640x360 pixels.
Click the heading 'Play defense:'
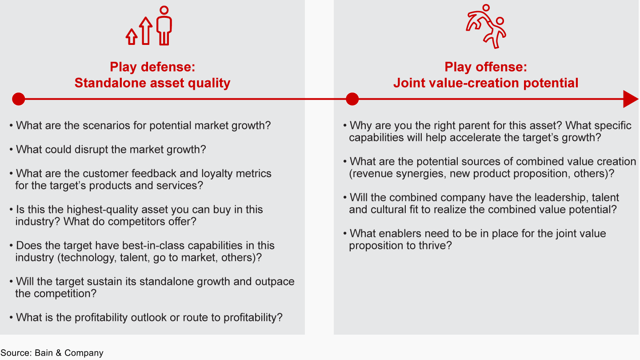click(152, 67)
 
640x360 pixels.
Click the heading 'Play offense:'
click(486, 67)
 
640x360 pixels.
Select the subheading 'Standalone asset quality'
click(152, 83)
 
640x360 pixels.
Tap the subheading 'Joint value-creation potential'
click(486, 83)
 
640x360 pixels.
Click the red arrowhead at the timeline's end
click(631, 99)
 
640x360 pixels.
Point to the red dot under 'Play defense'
click(19, 99)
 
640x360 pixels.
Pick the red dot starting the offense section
click(352, 99)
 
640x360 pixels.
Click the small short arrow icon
click(132, 37)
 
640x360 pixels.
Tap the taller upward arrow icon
click(146, 31)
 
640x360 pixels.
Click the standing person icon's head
click(164, 10)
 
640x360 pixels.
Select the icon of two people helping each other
click(486, 26)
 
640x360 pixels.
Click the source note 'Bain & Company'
click(69, 353)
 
